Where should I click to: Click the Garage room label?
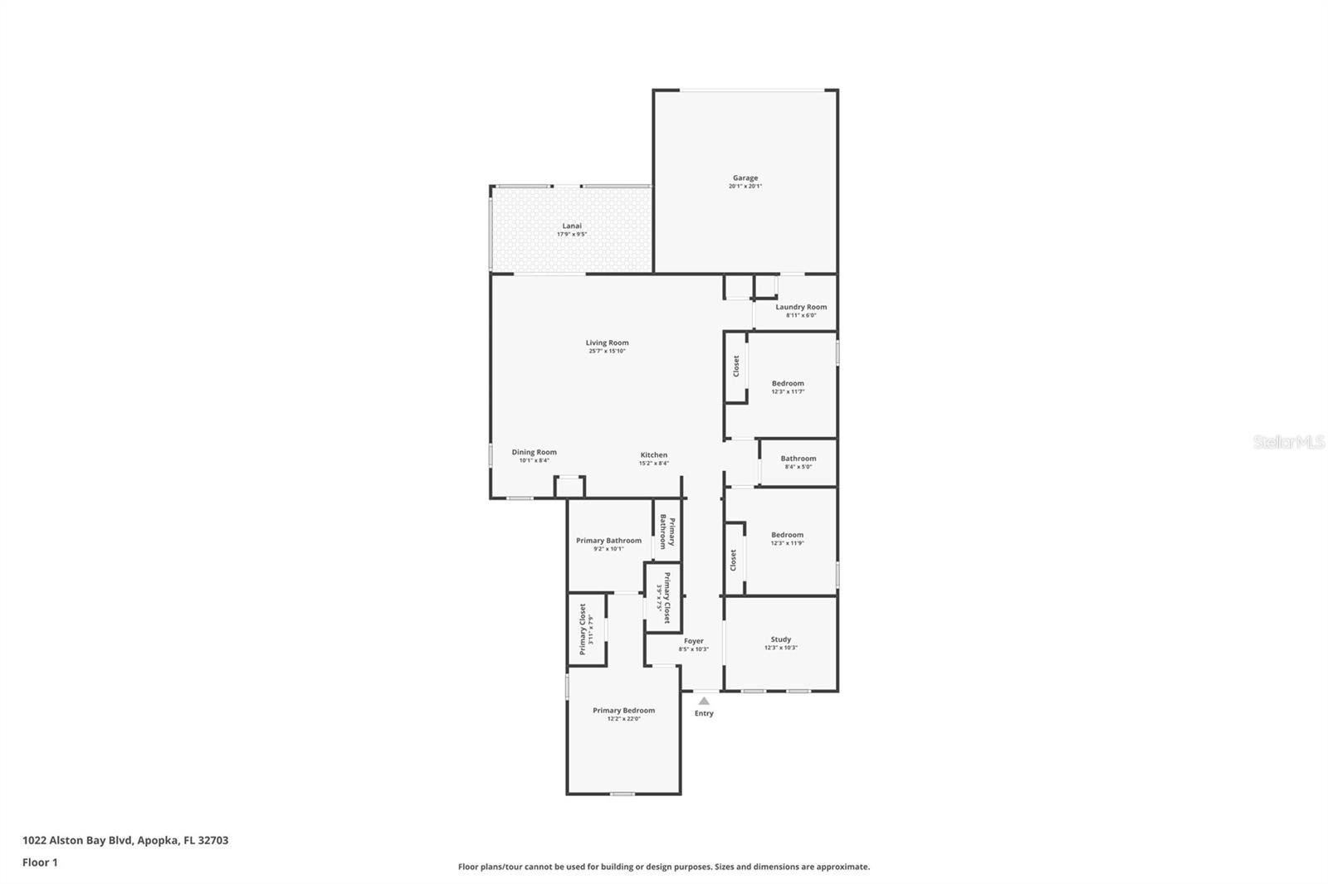[745, 178]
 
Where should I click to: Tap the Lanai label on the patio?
[572, 226]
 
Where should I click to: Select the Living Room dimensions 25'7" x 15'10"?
[607, 352]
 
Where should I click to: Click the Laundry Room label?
[801, 307]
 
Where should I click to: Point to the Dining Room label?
[534, 453]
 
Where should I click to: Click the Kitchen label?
[653, 455]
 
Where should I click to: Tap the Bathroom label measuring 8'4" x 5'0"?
[798, 459]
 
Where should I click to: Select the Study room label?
[780, 639]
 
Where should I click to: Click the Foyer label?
[693, 641]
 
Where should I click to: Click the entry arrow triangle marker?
[704, 701]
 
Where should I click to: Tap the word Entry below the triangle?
[704, 713]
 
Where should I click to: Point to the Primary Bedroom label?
[623, 711]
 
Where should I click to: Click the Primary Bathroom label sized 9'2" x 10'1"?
[608, 541]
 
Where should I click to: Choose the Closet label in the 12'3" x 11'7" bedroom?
[735, 367]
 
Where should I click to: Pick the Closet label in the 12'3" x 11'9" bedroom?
[733, 561]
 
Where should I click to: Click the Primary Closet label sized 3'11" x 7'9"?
[583, 629]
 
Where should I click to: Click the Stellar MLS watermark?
[1288, 442]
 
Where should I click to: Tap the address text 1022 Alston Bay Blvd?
[124, 840]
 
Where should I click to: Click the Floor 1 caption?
[40, 862]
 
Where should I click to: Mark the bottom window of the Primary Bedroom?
[622, 794]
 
